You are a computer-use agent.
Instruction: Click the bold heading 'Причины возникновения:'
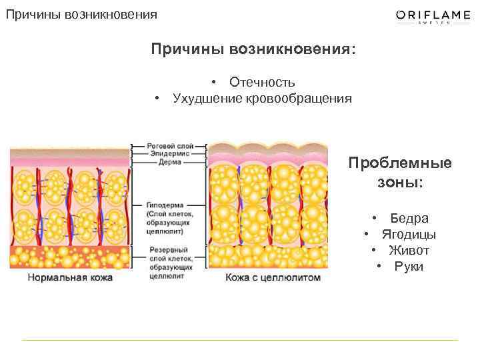(253, 51)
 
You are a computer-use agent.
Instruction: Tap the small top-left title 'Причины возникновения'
(82, 14)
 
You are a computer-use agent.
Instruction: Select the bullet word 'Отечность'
(262, 83)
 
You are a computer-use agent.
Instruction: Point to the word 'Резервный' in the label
(164, 249)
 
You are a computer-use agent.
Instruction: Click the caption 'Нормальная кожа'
(70, 277)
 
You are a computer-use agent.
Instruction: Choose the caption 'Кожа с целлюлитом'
(273, 277)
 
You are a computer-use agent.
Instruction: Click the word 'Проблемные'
(399, 163)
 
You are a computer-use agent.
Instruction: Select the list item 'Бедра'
(409, 219)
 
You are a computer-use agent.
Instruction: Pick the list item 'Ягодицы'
(409, 235)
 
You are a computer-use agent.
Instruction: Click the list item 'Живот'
(409, 251)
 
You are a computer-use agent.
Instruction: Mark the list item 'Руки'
(409, 267)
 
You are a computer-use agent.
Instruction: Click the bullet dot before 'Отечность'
(215, 83)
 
